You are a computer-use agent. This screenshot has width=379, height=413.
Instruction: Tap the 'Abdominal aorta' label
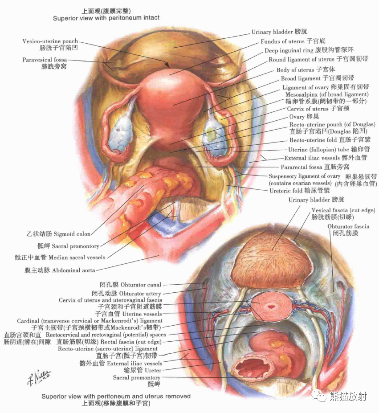(60, 270)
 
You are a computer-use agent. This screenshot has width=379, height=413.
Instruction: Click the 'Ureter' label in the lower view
(143, 370)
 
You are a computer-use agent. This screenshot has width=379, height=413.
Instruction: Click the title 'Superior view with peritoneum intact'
(106, 18)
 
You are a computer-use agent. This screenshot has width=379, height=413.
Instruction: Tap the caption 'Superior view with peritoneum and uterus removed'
(116, 396)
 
